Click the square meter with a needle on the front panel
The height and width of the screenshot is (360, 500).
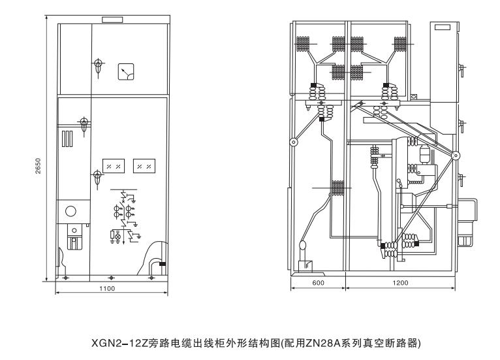pyautogui.click(x=125, y=71)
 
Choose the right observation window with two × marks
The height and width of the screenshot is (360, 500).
pyautogui.click(x=144, y=166)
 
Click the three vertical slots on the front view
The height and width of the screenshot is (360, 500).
pyautogui.click(x=67, y=139)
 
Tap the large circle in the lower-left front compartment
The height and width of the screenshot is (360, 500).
pyautogui.click(x=70, y=211)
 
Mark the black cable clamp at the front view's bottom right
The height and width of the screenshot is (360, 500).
pyautogui.click(x=163, y=263)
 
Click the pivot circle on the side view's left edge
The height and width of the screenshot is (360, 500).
pyautogui.click(x=294, y=142)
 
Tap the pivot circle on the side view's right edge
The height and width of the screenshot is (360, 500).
pyautogui.click(x=456, y=155)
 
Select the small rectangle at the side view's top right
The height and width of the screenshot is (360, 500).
pyautogui.click(x=443, y=29)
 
